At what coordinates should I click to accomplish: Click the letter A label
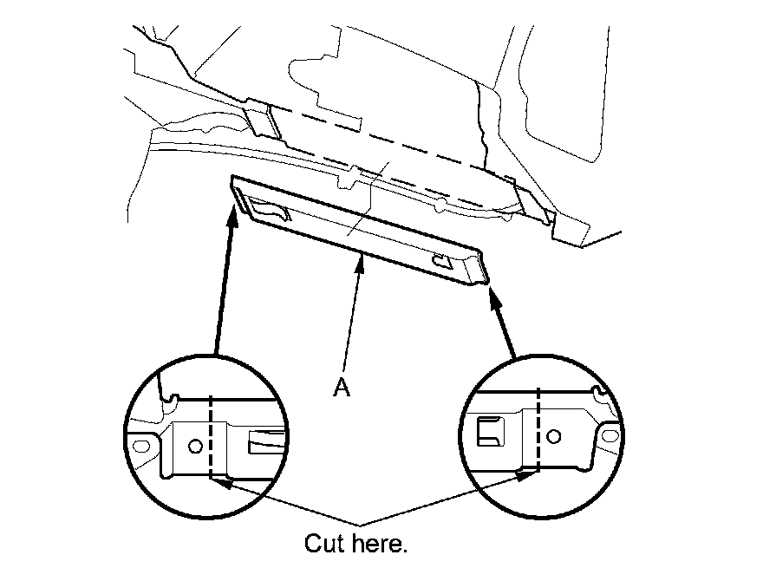pyautogui.click(x=342, y=389)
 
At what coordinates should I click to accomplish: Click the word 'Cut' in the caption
pyautogui.click(x=323, y=544)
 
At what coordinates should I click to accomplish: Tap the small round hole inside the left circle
pyautogui.click(x=195, y=446)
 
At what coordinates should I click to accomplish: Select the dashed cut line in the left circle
pyautogui.click(x=211, y=438)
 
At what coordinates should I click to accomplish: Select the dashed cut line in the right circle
pyautogui.click(x=538, y=429)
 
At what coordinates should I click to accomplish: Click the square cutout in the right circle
pyautogui.click(x=490, y=431)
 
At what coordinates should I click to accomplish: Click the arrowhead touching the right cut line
pyautogui.click(x=524, y=473)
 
